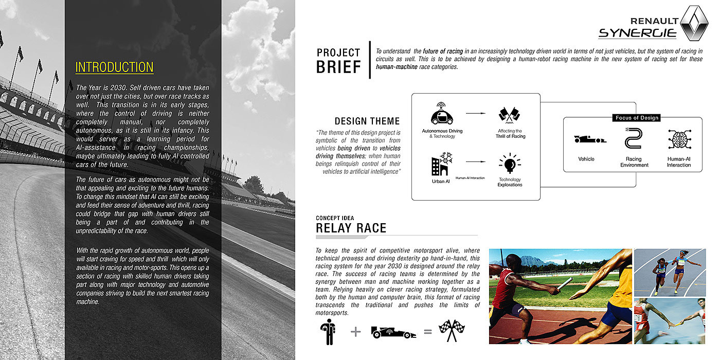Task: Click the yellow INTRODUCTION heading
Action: coord(114,67)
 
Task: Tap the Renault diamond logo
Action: coord(694,23)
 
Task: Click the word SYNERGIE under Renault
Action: coord(637,33)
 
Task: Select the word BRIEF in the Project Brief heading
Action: coord(338,67)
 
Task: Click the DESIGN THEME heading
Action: coord(367,121)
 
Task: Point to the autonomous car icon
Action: coord(442,114)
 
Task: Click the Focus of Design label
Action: coord(636,118)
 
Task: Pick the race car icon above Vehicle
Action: coord(590,139)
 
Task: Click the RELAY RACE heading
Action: coord(351,228)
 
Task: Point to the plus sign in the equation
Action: coord(355,332)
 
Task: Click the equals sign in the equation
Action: coord(427,332)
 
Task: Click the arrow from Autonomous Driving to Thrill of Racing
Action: coord(475,113)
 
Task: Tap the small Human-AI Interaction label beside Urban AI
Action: coord(470,178)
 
